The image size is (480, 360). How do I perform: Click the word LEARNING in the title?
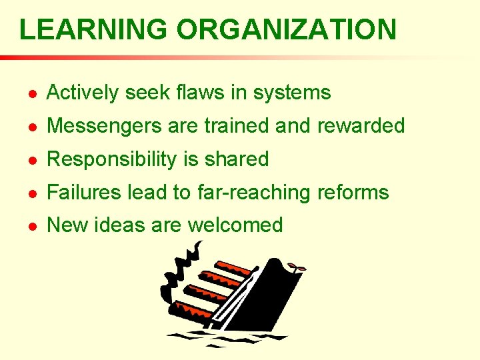point(93,29)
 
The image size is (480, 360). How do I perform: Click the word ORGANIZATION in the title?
point(286,29)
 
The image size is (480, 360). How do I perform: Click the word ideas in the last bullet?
point(120,225)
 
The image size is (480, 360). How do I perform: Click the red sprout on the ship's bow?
point(297,267)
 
